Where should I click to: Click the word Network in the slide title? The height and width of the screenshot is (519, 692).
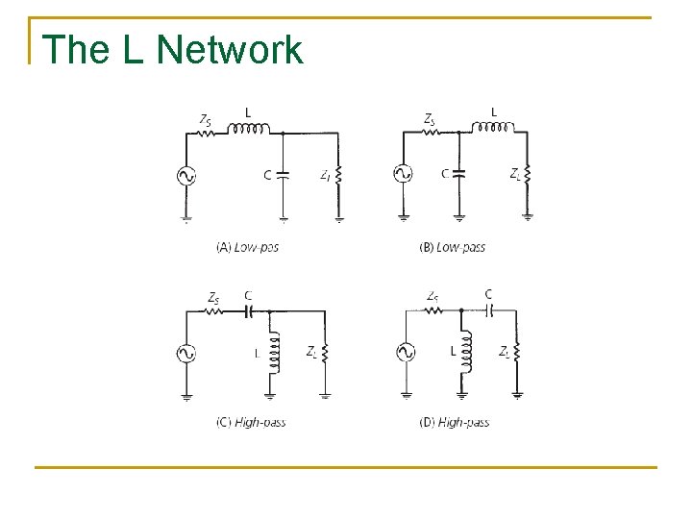coord(230,50)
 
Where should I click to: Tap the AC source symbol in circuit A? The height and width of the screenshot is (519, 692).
coord(183,175)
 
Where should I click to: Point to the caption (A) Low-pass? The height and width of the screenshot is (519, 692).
coord(248,247)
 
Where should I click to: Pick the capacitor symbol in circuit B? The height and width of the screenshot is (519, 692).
coord(459,173)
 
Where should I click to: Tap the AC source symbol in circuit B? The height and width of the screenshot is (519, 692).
coord(403,173)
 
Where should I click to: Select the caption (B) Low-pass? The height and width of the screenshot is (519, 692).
coord(453,247)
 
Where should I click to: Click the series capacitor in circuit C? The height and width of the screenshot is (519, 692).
coord(249,311)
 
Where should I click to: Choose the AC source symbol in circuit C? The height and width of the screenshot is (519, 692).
coord(185,353)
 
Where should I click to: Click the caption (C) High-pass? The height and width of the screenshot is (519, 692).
coord(251,422)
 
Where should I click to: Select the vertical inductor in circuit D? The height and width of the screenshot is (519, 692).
coord(468,353)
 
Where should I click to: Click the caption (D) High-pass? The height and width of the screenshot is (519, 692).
coord(454,422)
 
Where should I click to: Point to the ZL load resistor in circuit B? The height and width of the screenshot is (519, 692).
coord(528,174)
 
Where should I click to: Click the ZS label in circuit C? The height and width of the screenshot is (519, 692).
coord(213,298)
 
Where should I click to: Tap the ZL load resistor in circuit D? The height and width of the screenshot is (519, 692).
coord(517,353)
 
